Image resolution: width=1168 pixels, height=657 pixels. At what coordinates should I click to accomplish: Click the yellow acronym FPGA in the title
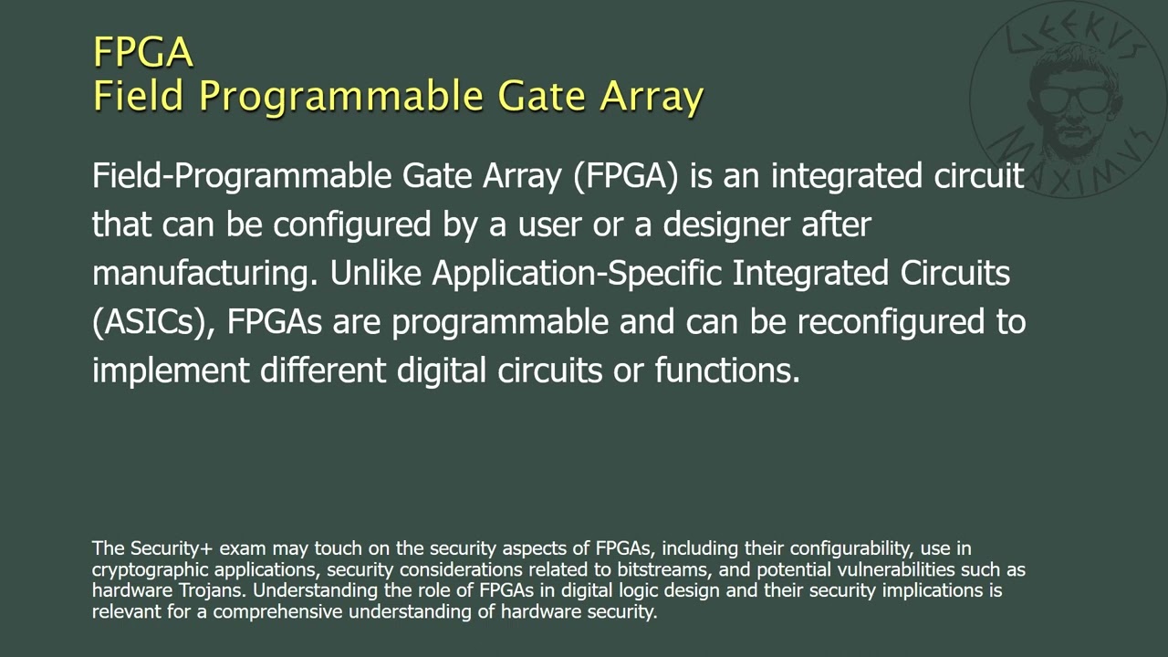pyautogui.click(x=143, y=52)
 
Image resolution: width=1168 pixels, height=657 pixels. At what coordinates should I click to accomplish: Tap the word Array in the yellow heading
pyautogui.click(x=651, y=96)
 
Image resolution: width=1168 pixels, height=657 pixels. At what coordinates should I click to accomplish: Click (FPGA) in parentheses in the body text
pyautogui.click(x=626, y=175)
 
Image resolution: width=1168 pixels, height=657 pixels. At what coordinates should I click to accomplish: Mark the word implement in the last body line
pyautogui.click(x=171, y=370)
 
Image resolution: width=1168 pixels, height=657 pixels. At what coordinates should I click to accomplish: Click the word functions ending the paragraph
pyautogui.click(x=726, y=370)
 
